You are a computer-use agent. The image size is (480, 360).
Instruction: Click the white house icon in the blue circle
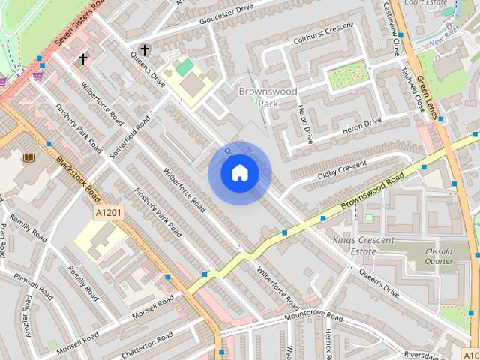(x=239, y=173)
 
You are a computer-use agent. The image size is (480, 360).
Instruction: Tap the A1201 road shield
(x=108, y=214)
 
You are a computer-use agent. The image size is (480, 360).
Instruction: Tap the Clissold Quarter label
(x=439, y=256)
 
